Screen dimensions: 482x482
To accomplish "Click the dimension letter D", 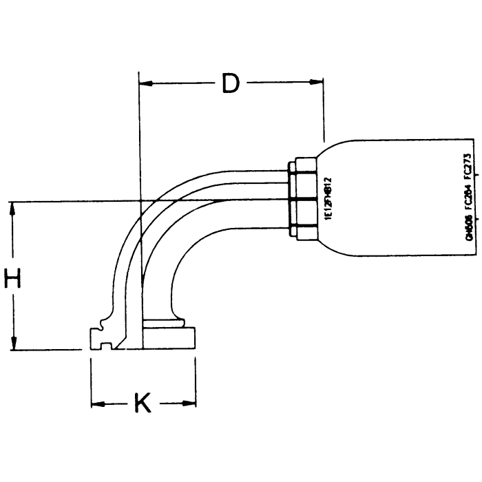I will pyautogui.click(x=231, y=84).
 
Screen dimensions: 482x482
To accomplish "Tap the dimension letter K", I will pyautogui.click(x=142, y=404).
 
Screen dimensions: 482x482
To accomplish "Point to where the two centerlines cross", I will pyautogui.click(x=140, y=200).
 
